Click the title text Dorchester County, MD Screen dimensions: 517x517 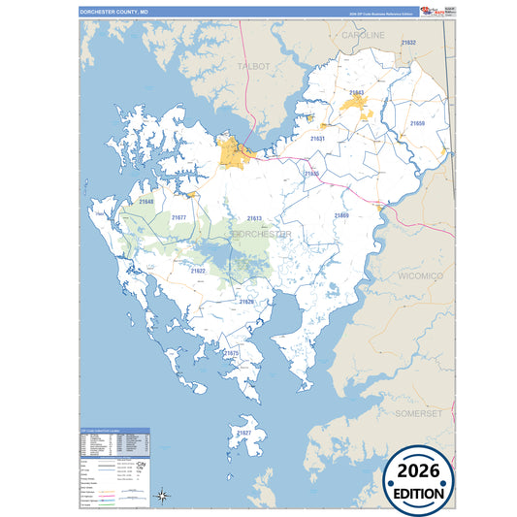coord(114,11)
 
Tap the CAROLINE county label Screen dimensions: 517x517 coord(363,35)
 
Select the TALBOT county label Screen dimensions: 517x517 coord(253,66)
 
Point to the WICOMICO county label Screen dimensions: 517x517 coord(420,276)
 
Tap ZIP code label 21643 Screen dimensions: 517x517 coord(356,93)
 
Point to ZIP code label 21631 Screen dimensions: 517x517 coord(317,140)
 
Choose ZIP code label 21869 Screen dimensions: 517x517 coord(341,215)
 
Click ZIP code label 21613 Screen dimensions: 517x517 coord(254,219)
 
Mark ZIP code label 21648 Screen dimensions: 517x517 coord(145,202)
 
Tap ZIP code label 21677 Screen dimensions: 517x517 coord(178,218)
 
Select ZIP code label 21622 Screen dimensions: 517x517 coord(198,271)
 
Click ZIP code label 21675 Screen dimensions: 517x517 coord(231,354)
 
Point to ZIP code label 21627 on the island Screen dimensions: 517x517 coord(244,433)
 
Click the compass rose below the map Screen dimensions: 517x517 coord(163,498)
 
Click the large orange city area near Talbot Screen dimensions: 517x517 coord(233,152)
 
